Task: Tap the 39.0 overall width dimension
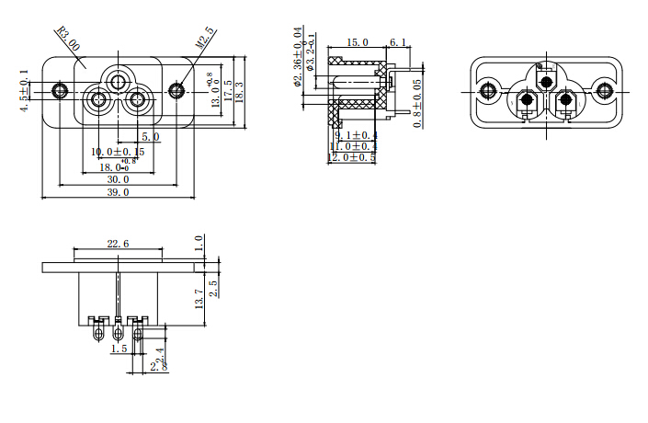(119, 193)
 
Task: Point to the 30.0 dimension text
(119, 179)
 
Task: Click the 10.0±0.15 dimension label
(119, 152)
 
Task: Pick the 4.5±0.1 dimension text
(25, 90)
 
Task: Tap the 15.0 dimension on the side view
(357, 42)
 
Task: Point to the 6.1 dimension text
(400, 42)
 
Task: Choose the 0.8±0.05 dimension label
(418, 103)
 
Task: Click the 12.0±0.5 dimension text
(352, 158)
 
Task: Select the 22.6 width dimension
(118, 244)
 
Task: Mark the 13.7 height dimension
(199, 297)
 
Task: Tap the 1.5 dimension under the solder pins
(119, 349)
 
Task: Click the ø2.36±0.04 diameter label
(298, 57)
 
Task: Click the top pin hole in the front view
(119, 82)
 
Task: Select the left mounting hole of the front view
(61, 90)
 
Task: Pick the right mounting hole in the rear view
(604, 90)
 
